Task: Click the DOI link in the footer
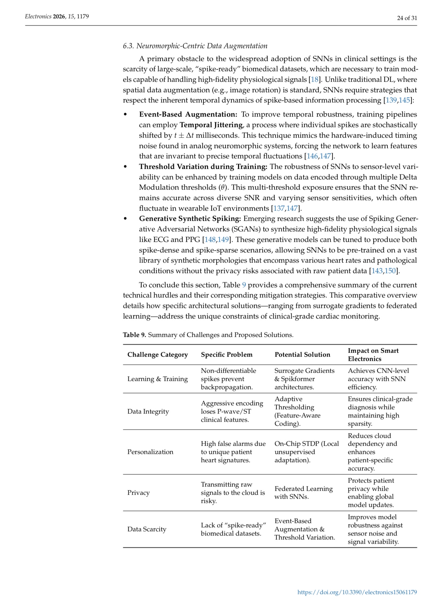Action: tap(357, 592)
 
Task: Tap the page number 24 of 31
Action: tap(407, 18)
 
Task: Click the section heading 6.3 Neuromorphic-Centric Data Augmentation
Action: tap(195, 46)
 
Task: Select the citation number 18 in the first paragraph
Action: tap(315, 80)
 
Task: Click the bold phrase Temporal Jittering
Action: tap(211, 125)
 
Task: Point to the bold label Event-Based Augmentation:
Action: tap(188, 114)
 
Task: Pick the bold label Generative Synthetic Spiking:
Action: tap(190, 219)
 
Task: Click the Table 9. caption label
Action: tap(134, 335)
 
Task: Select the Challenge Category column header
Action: tap(158, 354)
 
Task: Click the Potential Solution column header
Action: tap(302, 354)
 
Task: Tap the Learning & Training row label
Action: tap(158, 379)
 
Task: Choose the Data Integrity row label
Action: tap(148, 411)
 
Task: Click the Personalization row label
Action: tap(150, 452)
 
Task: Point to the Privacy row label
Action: tap(139, 493)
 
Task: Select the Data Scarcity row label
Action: tap(147, 529)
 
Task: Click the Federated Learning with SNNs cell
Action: tap(303, 493)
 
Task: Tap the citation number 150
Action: tap(390, 271)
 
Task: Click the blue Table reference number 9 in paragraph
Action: tap(244, 285)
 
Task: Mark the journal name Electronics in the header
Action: tap(38, 16)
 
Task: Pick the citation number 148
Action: tap(210, 240)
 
